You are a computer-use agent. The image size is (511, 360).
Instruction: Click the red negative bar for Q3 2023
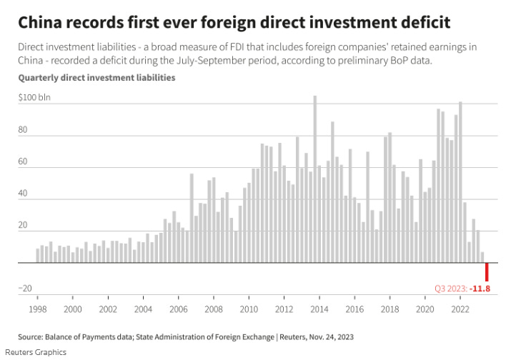point(487,271)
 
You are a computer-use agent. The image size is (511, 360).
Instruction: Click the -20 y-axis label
point(26,289)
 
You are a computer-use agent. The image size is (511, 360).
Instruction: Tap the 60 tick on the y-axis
point(23,162)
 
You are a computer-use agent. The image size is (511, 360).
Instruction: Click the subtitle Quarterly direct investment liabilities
point(96,77)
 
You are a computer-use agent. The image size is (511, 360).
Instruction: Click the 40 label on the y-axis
point(23,194)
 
